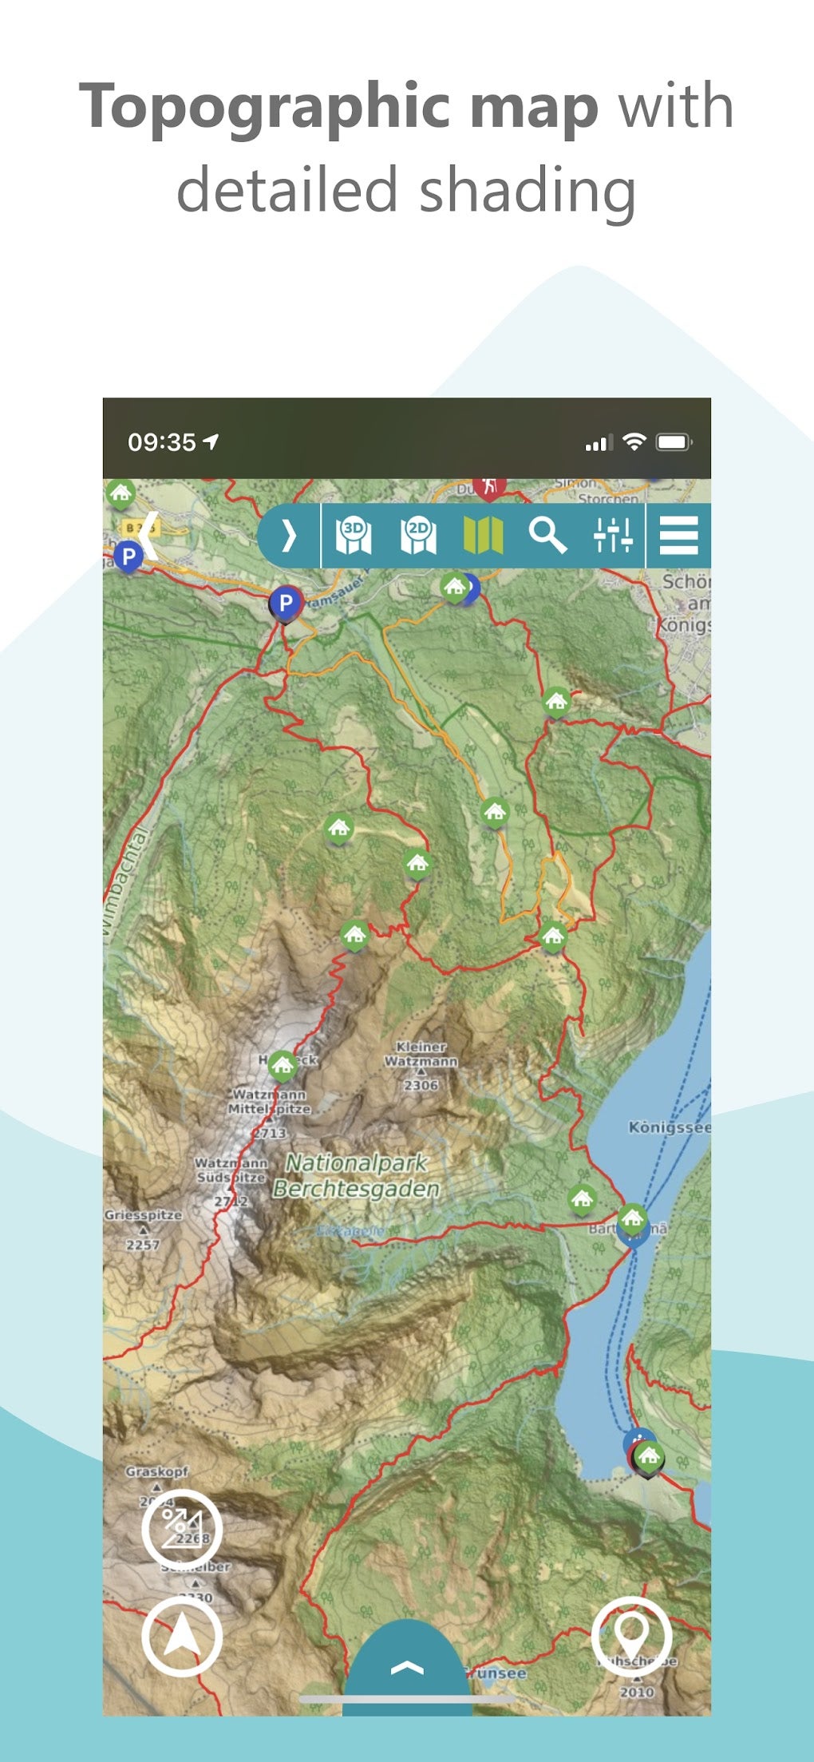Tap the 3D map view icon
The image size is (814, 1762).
point(353,536)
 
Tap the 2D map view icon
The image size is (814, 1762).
point(418,536)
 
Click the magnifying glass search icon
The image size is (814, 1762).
point(547,535)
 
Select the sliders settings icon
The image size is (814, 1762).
point(613,535)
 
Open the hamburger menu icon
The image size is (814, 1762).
point(678,535)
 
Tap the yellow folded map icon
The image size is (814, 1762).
point(483,535)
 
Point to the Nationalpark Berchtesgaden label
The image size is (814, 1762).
point(356,1176)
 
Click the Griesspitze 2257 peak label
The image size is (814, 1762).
point(143,1228)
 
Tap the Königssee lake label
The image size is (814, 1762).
point(669,1127)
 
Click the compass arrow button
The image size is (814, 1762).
point(182,1637)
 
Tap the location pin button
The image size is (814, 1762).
point(631,1637)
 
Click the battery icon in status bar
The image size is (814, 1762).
point(674,442)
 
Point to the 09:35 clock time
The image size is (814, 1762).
point(162,442)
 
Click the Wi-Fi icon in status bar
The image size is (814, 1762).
point(634,441)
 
